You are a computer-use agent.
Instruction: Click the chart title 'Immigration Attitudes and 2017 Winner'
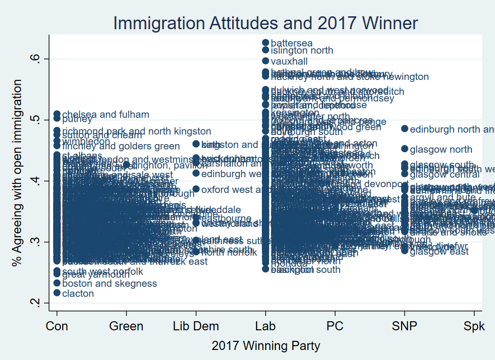click(265, 23)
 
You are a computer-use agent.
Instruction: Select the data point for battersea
click(266, 43)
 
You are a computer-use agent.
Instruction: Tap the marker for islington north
click(266, 50)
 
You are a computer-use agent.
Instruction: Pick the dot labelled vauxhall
click(266, 61)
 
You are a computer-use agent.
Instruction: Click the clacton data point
click(57, 293)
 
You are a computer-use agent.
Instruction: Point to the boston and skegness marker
click(57, 283)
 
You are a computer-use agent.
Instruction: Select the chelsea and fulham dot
click(57, 114)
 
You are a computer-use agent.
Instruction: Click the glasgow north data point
click(405, 149)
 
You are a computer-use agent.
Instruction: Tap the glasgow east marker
click(405, 250)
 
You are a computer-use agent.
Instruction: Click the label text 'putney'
click(77, 120)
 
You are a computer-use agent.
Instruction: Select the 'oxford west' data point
click(196, 189)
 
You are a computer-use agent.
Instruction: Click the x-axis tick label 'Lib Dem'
click(196, 326)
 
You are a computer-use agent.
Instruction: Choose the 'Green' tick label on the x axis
click(126, 326)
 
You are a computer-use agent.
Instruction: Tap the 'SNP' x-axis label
click(405, 326)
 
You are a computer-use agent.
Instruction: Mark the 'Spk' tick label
click(474, 326)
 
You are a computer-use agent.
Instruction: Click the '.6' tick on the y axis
click(38, 58)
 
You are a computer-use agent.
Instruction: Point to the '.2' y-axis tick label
click(38, 303)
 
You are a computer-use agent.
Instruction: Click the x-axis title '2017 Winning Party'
click(266, 346)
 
